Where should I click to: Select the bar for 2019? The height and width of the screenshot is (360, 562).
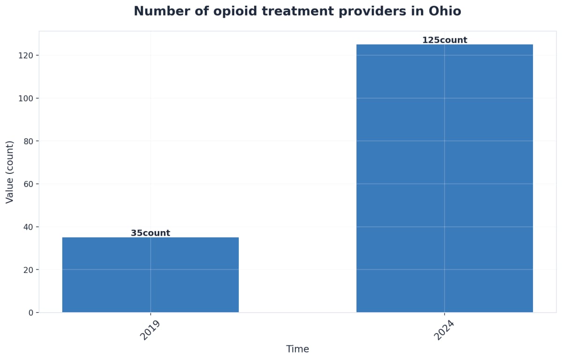point(150,275)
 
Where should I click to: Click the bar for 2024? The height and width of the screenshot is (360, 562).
point(444,178)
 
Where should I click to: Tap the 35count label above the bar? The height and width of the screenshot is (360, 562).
point(150,233)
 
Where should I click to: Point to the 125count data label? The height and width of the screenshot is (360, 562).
point(444,40)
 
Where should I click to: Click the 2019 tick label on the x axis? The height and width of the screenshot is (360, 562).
point(150,330)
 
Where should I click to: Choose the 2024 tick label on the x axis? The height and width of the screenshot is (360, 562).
point(444,330)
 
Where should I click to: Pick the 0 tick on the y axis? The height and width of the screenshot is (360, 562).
point(31,313)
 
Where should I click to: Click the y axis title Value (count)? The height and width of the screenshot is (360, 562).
point(10,172)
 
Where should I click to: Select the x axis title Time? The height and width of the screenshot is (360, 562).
point(297,349)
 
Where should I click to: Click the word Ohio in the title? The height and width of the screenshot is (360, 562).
point(445,11)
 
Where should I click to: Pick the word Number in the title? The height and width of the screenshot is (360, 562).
point(155,11)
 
